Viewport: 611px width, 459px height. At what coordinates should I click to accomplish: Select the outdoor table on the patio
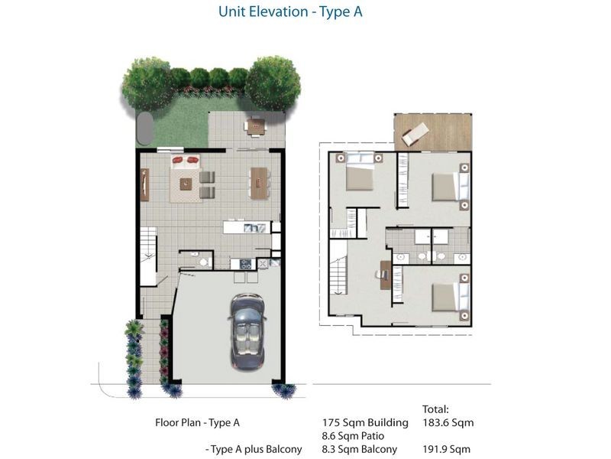coord(254,125)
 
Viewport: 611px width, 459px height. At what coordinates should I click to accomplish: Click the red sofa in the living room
coord(185,161)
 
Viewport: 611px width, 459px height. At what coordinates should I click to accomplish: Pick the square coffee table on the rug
coord(186,184)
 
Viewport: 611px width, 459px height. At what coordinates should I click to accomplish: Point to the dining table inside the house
coord(259,183)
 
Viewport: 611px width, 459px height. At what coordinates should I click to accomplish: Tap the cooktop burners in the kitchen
coord(246,264)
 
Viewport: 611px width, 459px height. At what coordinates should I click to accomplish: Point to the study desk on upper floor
coord(386,274)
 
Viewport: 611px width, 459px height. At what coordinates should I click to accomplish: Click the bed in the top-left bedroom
coord(358,177)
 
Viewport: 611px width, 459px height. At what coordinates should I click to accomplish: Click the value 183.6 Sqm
coord(446,422)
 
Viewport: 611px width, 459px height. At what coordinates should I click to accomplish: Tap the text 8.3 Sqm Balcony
coord(359,449)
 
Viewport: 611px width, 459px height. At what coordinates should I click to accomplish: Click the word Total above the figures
coord(435,409)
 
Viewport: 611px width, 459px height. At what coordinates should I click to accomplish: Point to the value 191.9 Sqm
coord(446,449)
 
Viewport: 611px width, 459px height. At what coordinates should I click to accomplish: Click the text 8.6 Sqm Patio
coord(353,435)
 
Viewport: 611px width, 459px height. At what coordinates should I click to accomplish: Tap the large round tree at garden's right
coord(272,83)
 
